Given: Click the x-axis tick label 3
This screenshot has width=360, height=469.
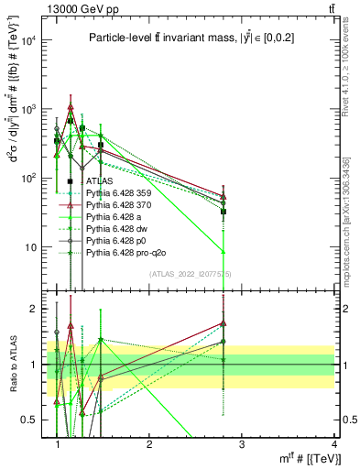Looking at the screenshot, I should tap(241, 444).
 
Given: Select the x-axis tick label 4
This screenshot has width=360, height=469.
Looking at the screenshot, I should tap(333, 444).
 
